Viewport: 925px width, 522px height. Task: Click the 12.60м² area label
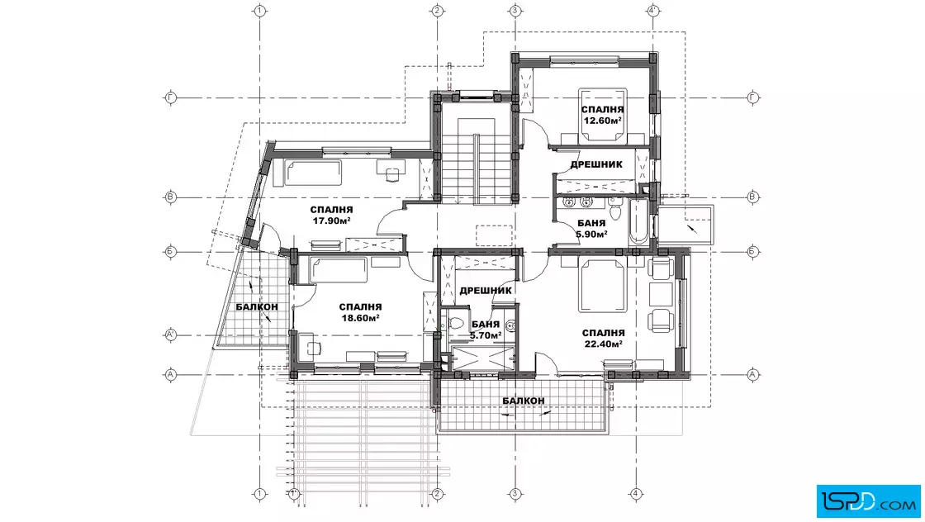click(602, 121)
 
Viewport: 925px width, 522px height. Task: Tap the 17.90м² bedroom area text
click(331, 221)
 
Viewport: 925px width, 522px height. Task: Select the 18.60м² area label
click(360, 318)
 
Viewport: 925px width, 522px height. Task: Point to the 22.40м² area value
click(604, 344)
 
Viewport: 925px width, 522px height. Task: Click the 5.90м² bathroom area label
click(591, 235)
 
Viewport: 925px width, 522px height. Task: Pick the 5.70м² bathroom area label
click(486, 335)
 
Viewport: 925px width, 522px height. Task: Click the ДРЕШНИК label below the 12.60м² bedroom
click(596, 164)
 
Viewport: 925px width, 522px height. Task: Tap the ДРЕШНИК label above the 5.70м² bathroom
click(486, 290)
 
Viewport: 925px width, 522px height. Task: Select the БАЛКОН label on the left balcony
click(257, 306)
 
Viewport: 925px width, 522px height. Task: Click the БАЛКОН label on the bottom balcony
click(524, 401)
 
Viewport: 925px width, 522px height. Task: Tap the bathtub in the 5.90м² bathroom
click(639, 222)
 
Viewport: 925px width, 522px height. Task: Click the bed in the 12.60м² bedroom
click(602, 116)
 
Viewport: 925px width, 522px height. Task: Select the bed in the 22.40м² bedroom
click(602, 285)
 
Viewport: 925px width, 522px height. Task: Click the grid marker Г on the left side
click(170, 97)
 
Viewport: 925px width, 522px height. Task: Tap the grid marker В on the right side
click(752, 197)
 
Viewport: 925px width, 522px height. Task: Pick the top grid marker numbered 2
click(437, 11)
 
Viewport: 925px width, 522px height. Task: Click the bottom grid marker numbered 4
click(636, 494)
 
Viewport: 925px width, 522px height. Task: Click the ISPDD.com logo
click(868, 501)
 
